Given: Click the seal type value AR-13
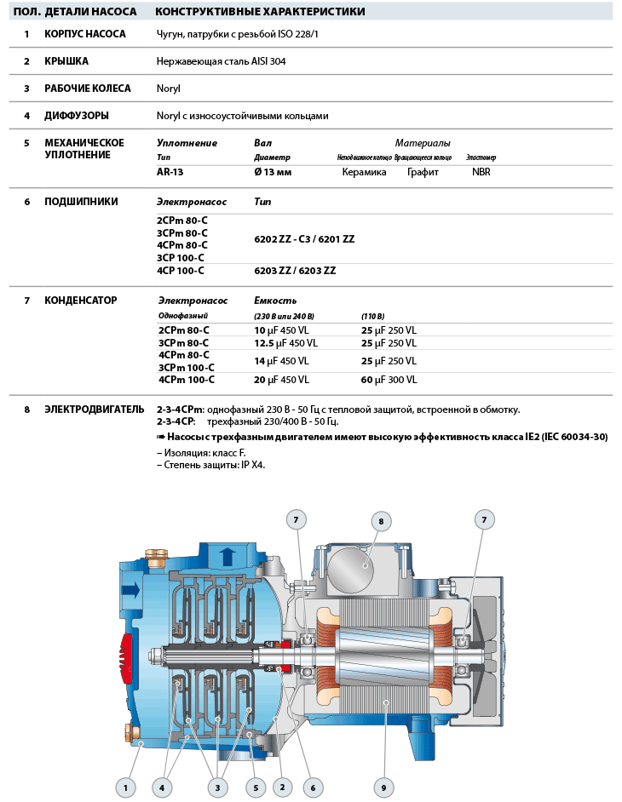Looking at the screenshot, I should [170, 172].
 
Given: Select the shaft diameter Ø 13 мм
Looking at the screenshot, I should [273, 172].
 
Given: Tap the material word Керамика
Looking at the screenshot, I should [364, 172].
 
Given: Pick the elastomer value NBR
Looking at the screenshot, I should [481, 172].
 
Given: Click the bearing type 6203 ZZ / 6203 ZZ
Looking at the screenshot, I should [295, 271].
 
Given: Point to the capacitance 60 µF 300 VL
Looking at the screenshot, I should [389, 381].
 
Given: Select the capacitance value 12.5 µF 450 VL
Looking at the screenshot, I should [285, 343].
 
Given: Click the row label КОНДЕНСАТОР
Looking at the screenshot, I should [81, 301].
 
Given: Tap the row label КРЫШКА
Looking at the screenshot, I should [66, 61].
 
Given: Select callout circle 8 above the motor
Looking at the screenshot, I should [381, 521].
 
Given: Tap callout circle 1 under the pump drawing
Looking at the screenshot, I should [125, 788].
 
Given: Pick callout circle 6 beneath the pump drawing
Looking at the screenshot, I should [312, 788].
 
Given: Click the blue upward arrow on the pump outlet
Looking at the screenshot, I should [227, 558].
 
